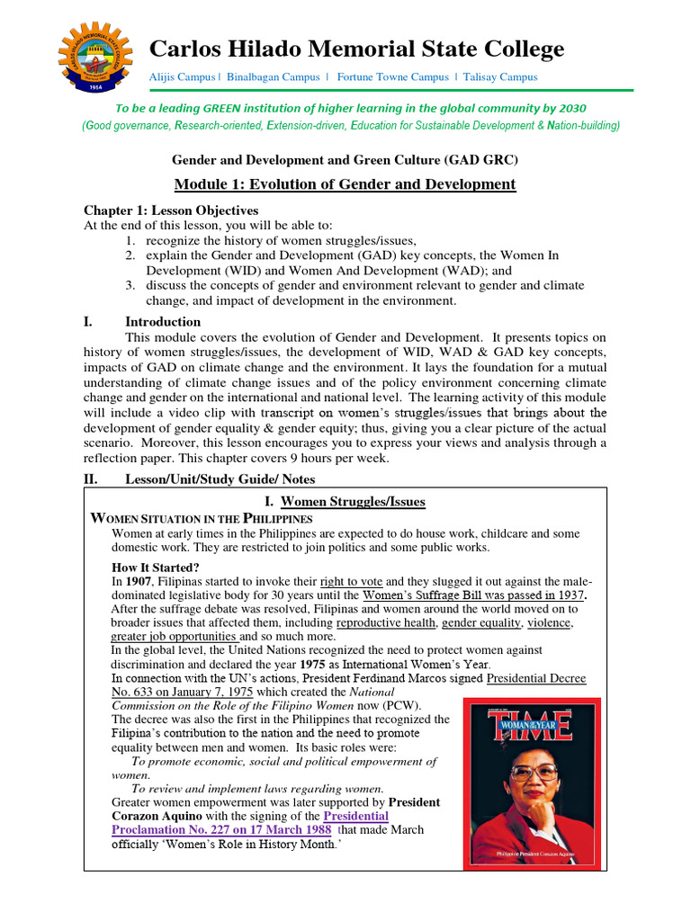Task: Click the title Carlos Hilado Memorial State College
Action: [x=356, y=49]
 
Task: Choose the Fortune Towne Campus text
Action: [x=389, y=77]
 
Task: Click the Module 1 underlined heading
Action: [x=345, y=184]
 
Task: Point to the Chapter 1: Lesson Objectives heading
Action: [x=171, y=210]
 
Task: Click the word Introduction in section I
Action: [x=163, y=321]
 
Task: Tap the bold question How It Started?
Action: [x=156, y=568]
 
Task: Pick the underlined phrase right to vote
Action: [x=351, y=582]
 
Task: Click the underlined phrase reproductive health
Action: [x=387, y=622]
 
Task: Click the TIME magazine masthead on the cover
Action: [x=532, y=727]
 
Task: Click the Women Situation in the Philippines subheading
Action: [x=203, y=519]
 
